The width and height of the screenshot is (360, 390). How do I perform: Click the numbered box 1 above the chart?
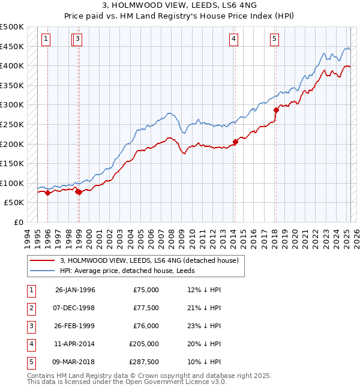[46, 40]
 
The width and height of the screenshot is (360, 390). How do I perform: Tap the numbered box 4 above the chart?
[233, 40]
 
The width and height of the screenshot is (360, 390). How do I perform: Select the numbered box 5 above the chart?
[274, 40]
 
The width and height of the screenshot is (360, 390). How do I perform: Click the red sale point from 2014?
[235, 142]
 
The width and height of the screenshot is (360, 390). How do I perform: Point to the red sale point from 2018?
[276, 110]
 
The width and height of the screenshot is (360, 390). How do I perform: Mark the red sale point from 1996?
[47, 193]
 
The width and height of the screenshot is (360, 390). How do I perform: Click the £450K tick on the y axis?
[13, 46]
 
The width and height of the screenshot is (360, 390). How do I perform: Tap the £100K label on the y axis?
[13, 183]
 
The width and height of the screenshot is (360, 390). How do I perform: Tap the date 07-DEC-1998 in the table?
[75, 308]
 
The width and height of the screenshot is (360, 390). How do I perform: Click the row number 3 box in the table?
[31, 326]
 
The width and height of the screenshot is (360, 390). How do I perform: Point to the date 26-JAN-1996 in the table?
[75, 290]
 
